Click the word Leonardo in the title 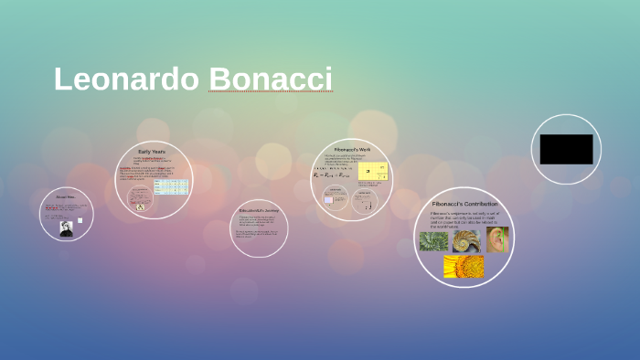pyautogui.click(x=126, y=79)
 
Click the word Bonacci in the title pyautogui.click(x=270, y=79)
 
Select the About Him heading pyautogui.click(x=66, y=196)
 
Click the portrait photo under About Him pyautogui.click(x=66, y=228)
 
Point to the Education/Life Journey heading pyautogui.click(x=259, y=210)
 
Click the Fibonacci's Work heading pyautogui.click(x=352, y=149)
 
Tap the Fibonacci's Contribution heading pyautogui.click(x=464, y=204)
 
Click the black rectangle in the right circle pyautogui.click(x=566, y=149)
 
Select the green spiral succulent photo pyautogui.click(x=433, y=241)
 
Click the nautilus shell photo pyautogui.click(x=466, y=240)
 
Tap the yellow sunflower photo pyautogui.click(x=464, y=266)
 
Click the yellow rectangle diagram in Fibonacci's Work pyautogui.click(x=376, y=171)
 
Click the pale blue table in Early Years pyautogui.click(x=171, y=186)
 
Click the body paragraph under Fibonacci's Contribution pyautogui.click(x=464, y=219)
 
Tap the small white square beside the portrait pyautogui.click(x=80, y=220)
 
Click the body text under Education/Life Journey pyautogui.click(x=259, y=226)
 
